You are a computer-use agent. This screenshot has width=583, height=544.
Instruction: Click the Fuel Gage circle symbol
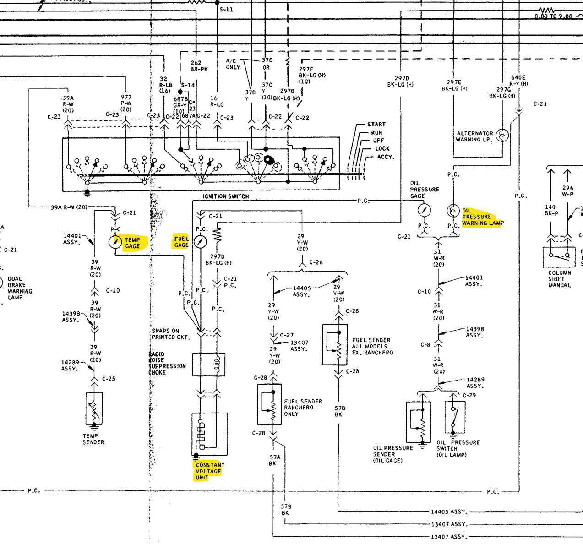pos(200,241)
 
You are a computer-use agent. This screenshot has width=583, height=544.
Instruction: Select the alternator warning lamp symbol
pos(502,136)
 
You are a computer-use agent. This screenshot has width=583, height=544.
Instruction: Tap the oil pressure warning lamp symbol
pos(453,211)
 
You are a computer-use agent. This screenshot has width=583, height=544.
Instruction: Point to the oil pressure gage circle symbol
pos(424,210)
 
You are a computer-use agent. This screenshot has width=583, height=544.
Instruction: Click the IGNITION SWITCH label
pos(226,196)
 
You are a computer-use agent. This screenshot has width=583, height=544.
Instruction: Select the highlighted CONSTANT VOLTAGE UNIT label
pos(209,471)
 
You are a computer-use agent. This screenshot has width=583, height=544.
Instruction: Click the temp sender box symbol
pos(94,408)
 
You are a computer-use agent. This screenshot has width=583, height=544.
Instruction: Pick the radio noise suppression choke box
pos(209,364)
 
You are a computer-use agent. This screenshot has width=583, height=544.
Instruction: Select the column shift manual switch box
pos(559,257)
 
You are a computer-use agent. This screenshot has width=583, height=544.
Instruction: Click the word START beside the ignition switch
pos(376,124)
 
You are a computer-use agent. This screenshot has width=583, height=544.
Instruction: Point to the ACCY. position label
pos(385,157)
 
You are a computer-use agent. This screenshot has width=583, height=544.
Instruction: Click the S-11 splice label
pos(226,9)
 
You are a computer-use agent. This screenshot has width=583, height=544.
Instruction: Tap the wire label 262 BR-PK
pos(199,66)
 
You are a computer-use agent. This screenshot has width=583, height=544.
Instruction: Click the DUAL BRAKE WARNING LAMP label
pos(20,288)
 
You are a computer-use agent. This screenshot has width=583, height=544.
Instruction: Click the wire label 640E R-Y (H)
pos(518,81)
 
